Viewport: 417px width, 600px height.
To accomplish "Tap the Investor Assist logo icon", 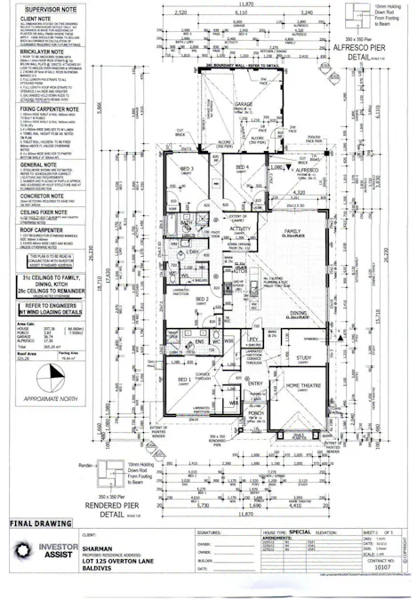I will [19, 551].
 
